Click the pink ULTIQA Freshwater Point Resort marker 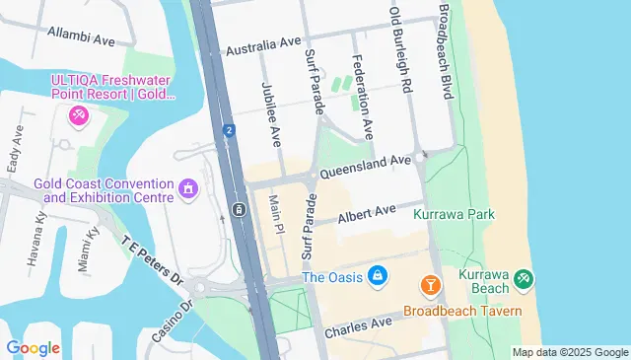tap(77, 116)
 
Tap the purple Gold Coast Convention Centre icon tap(188, 187)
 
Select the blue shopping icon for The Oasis tap(376, 275)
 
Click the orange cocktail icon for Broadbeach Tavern tap(430, 286)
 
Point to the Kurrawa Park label tap(454, 213)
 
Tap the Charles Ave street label tap(358, 324)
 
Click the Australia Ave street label tap(263, 46)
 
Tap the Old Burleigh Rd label tap(400, 47)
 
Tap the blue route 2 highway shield tap(229, 129)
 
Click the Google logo tap(33, 347)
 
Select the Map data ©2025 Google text tap(569, 352)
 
